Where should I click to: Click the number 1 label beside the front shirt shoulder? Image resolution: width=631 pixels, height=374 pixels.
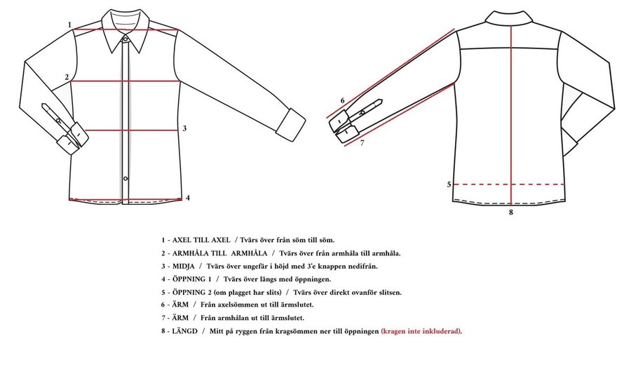pos(69,25)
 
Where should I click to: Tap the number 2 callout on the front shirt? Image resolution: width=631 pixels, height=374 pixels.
pos(67,77)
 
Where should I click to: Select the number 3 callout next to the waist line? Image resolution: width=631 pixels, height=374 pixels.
pos(184,128)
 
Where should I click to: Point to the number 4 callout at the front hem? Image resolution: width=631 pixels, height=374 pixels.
pos(187,198)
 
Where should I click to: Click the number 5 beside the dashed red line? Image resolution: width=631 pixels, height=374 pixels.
pos(449,185)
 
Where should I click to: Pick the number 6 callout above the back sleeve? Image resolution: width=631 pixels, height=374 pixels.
pos(342,100)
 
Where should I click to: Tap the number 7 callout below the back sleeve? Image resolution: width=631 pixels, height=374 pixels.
pos(362,142)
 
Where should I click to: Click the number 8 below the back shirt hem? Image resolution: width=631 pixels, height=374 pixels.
pos(511,212)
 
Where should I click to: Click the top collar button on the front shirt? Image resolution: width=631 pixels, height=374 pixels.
pos(125,39)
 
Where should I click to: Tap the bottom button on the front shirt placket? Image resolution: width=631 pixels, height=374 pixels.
pos(125,178)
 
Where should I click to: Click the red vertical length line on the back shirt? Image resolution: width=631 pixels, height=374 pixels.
pos(511,116)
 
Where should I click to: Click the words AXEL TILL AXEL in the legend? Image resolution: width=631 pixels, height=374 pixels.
pos(201,240)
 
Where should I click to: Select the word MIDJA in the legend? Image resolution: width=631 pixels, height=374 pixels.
pos(184,266)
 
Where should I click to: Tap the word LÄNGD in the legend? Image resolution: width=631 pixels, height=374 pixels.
pos(184,331)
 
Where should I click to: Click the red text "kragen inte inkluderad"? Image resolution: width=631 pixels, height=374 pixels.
pos(421,331)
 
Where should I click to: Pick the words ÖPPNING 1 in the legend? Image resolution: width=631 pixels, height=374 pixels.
pos(191,279)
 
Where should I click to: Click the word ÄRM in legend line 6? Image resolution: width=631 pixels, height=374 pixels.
pos(180,305)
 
